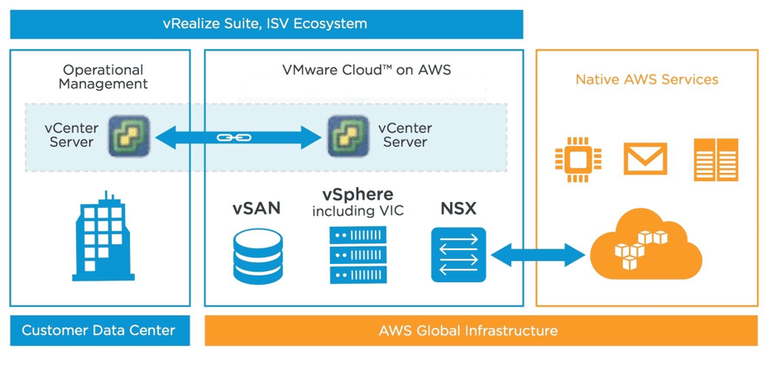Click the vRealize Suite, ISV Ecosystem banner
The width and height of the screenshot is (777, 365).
point(266,24)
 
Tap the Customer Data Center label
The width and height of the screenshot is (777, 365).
point(98,331)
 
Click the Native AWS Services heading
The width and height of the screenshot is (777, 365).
point(646,79)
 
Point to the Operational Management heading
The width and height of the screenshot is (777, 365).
point(103,77)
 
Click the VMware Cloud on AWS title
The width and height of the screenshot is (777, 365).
point(365,70)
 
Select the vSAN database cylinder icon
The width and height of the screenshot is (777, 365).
point(256,255)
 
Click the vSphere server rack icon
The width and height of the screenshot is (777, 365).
point(357,255)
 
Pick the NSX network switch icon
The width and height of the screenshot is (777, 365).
point(458,255)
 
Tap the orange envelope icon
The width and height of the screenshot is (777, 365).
point(645,159)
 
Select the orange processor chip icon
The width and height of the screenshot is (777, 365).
point(578,160)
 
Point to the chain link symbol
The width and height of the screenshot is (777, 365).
point(228,137)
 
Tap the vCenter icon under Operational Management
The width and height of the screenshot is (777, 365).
point(130,136)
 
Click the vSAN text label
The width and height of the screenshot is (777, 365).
point(256,209)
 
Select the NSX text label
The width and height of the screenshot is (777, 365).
point(458,209)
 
